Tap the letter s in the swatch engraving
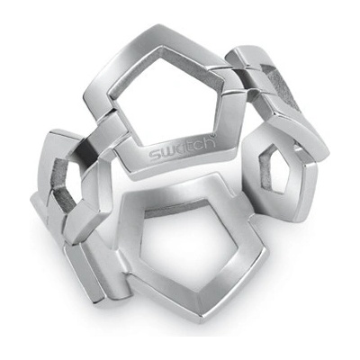[x=156, y=156]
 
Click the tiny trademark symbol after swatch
[x=214, y=137]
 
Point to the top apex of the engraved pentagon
[x=156, y=27]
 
